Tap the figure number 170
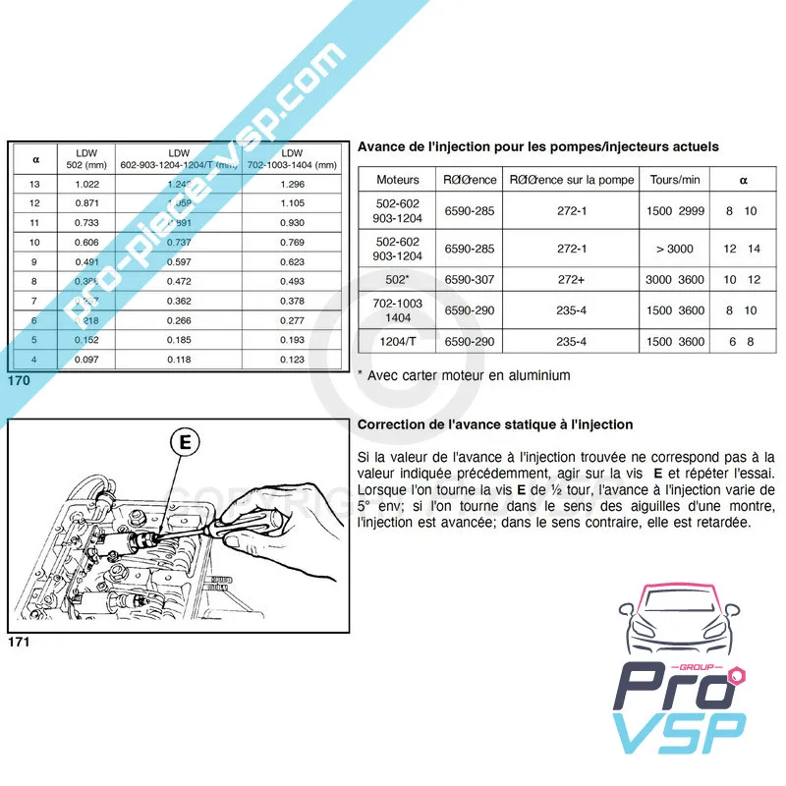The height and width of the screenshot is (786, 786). click(x=21, y=379)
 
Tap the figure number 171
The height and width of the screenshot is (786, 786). click(x=21, y=643)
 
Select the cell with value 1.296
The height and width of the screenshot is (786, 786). click(x=292, y=185)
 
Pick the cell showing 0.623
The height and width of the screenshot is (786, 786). click(x=292, y=262)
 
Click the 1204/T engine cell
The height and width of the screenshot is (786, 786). click(x=397, y=341)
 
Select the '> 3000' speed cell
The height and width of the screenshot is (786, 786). click(x=675, y=249)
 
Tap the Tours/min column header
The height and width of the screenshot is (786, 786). click(x=675, y=180)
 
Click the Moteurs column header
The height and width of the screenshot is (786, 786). click(x=397, y=180)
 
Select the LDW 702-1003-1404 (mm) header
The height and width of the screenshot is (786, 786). click(x=292, y=158)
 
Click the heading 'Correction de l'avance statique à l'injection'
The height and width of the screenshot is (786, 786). click(x=495, y=424)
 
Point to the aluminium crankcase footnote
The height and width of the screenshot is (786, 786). click(x=463, y=374)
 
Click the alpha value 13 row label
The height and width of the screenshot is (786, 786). click(x=36, y=185)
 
